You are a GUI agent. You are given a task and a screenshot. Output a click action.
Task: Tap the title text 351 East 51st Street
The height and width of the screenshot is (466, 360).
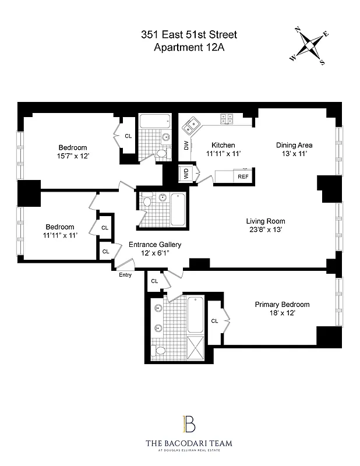[189, 36]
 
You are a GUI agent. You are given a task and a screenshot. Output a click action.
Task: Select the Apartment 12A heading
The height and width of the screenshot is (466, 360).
[189, 48]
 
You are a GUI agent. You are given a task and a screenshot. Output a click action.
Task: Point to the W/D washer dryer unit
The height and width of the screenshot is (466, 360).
[186, 174]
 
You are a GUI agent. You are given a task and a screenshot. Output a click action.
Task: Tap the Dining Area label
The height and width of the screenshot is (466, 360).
[294, 145]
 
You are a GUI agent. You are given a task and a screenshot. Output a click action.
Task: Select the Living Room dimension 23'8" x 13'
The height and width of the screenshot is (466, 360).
[266, 230]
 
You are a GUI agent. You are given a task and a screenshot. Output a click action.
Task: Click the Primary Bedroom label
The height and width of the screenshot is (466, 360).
[282, 305]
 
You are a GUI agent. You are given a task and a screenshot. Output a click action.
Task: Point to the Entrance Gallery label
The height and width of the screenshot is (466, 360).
[154, 245]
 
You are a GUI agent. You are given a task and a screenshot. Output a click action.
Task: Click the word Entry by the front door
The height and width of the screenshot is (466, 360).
[125, 274]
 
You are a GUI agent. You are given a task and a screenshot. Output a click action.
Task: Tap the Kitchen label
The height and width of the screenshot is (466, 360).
[223, 145]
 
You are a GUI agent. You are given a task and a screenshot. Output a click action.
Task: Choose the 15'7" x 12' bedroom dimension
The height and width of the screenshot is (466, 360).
[73, 156]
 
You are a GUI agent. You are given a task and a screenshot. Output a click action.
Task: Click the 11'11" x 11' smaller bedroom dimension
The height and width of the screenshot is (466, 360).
[60, 235]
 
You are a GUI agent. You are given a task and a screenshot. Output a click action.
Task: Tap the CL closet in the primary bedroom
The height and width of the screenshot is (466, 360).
[214, 320]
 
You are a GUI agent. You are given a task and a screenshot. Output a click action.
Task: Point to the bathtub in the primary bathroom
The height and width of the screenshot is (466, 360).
[195, 315]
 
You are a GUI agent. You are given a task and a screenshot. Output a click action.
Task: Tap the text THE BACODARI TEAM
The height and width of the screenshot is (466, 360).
[189, 444]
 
